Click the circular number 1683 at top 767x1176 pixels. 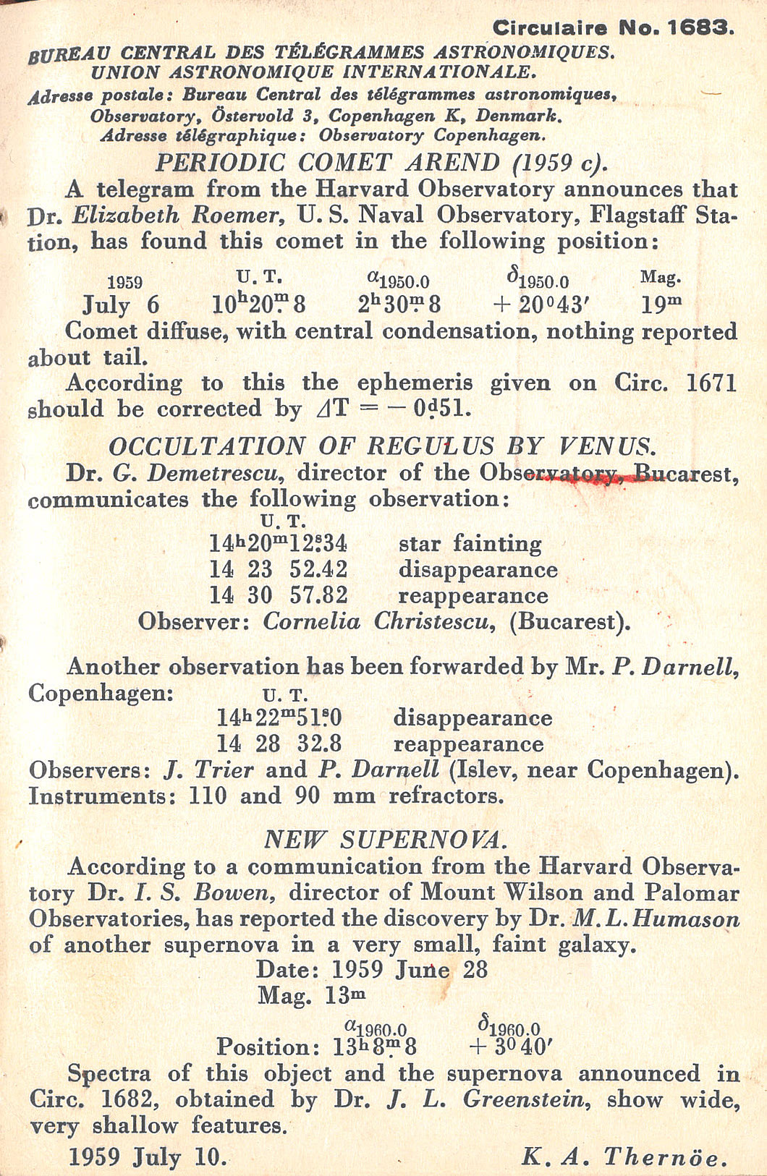coord(700,28)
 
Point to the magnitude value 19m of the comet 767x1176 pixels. coord(661,304)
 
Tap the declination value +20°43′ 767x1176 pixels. coord(538,304)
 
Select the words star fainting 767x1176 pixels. coord(470,543)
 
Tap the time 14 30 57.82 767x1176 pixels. coord(279,595)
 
